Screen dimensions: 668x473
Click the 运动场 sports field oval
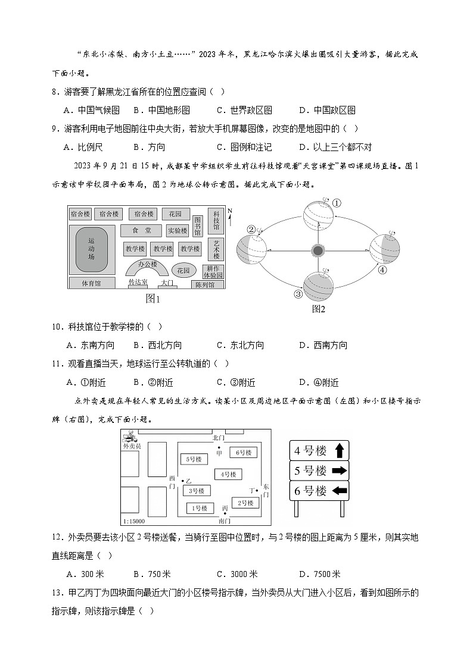pyautogui.click(x=92, y=249)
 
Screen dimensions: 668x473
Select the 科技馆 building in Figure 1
pyautogui.click(x=216, y=220)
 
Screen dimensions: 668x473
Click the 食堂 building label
pyautogui.click(x=141, y=230)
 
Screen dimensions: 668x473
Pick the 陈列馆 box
pyautogui.click(x=206, y=285)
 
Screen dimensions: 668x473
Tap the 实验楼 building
pyautogui.click(x=177, y=230)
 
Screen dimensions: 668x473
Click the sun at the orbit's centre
pyautogui.click(x=318, y=250)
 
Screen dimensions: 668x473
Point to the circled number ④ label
pyautogui.click(x=382, y=269)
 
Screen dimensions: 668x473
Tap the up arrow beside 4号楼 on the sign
pyautogui.click(x=339, y=450)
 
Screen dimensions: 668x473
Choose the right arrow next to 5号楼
pyautogui.click(x=339, y=471)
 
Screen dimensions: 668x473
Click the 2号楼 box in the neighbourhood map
pyautogui.click(x=245, y=503)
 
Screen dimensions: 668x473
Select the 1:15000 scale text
pyautogui.click(x=132, y=521)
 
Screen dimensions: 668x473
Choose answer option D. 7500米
pyautogui.click(x=319, y=574)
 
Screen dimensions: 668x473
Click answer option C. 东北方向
pyautogui.click(x=240, y=345)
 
